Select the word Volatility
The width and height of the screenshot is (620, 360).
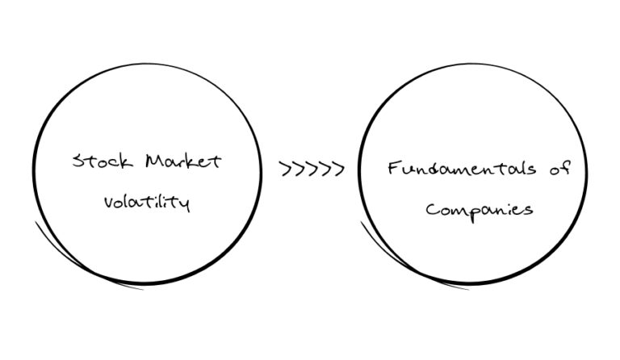pyautogui.click(x=146, y=202)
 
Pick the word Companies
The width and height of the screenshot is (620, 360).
pyautogui.click(x=480, y=210)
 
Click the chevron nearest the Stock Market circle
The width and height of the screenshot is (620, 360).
pyautogui.click(x=286, y=170)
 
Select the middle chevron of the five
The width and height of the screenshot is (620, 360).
pyautogui.click(x=312, y=170)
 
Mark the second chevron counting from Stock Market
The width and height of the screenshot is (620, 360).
pyautogui.click(x=299, y=170)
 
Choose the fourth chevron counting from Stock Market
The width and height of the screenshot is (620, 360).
pyautogui.click(x=325, y=170)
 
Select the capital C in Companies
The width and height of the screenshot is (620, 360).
pyautogui.click(x=432, y=209)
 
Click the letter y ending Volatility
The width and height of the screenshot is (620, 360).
pyautogui.click(x=185, y=204)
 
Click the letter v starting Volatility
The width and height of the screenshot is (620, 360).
pyautogui.click(x=108, y=203)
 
